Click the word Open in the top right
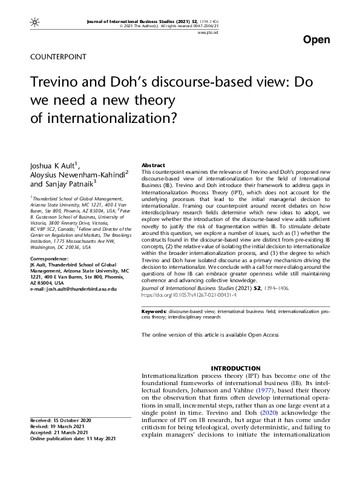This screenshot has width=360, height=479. pyautogui.click(x=316, y=40)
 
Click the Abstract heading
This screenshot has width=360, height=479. pyautogui.click(x=154, y=165)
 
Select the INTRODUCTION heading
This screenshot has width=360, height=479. pyautogui.click(x=235, y=369)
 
